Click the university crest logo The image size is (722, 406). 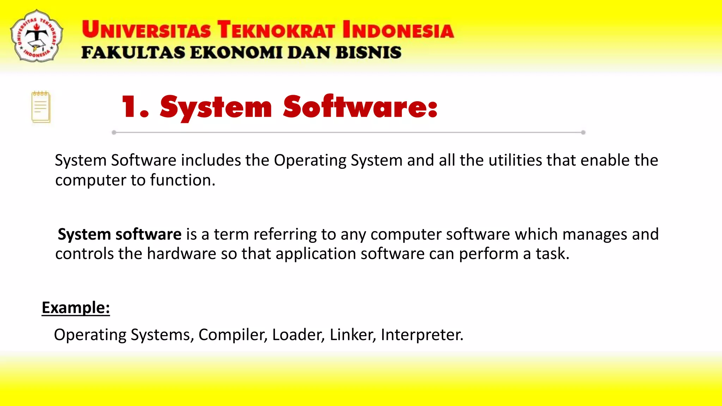coord(37,36)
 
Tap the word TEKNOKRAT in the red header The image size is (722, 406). coord(276,30)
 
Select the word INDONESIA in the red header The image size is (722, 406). coord(398,30)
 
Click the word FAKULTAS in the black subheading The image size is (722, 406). coord(133,53)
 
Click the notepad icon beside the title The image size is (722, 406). coord(41,107)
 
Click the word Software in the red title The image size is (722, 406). coord(360,106)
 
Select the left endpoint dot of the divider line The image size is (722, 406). coord(114,133)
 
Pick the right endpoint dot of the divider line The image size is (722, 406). coord(583,133)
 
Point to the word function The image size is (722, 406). coord(183,180)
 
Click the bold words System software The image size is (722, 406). coord(120,234)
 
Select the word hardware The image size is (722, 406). coord(182,254)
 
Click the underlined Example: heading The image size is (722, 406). coord(76,308)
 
